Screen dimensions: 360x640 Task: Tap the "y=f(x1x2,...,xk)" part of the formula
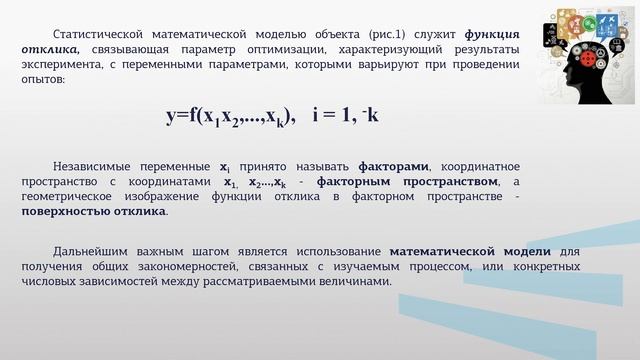(x=229, y=117)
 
